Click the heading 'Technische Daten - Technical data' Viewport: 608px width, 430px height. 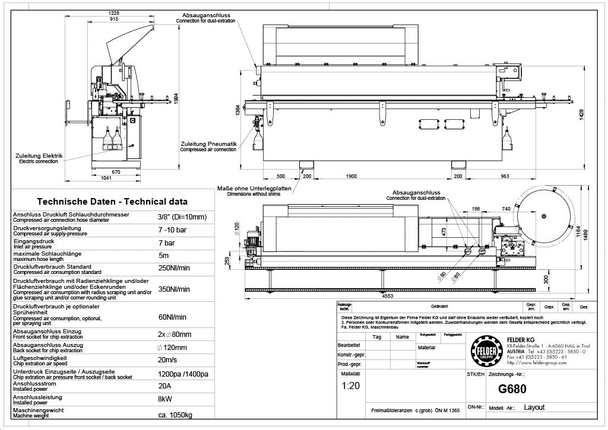(112, 202)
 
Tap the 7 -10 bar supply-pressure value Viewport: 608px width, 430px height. (173, 230)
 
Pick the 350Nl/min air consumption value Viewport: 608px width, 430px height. (173, 289)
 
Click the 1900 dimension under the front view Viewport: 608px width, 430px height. (351, 176)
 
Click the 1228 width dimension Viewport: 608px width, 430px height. (115, 13)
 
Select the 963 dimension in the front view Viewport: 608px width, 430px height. (505, 176)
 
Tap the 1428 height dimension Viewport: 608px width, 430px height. (582, 112)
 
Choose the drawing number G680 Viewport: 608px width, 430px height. (512, 389)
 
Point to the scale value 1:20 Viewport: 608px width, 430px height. (350, 386)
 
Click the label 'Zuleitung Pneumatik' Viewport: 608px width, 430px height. (209, 144)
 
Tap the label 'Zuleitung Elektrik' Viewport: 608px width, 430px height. (39, 156)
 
